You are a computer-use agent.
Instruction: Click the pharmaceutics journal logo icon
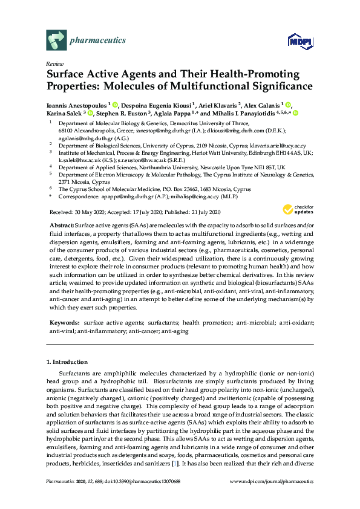pos(56,41)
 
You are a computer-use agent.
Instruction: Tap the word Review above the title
pos(54,63)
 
